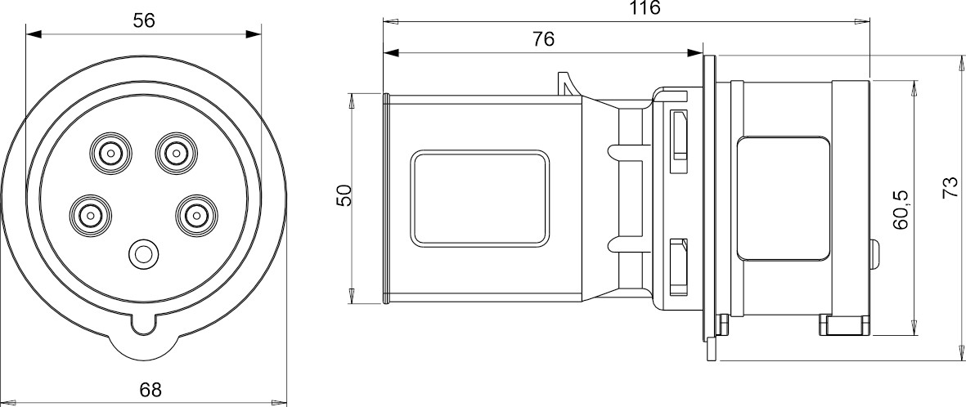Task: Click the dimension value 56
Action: (x=144, y=20)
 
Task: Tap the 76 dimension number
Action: (x=543, y=38)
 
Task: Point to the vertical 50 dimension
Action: (x=344, y=196)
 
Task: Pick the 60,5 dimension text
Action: (x=901, y=209)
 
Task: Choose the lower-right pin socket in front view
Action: (x=194, y=215)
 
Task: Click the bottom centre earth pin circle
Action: (x=144, y=254)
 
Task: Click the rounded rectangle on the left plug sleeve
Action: (x=479, y=197)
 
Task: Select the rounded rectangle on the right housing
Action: (x=783, y=198)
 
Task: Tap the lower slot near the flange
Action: (x=677, y=268)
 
